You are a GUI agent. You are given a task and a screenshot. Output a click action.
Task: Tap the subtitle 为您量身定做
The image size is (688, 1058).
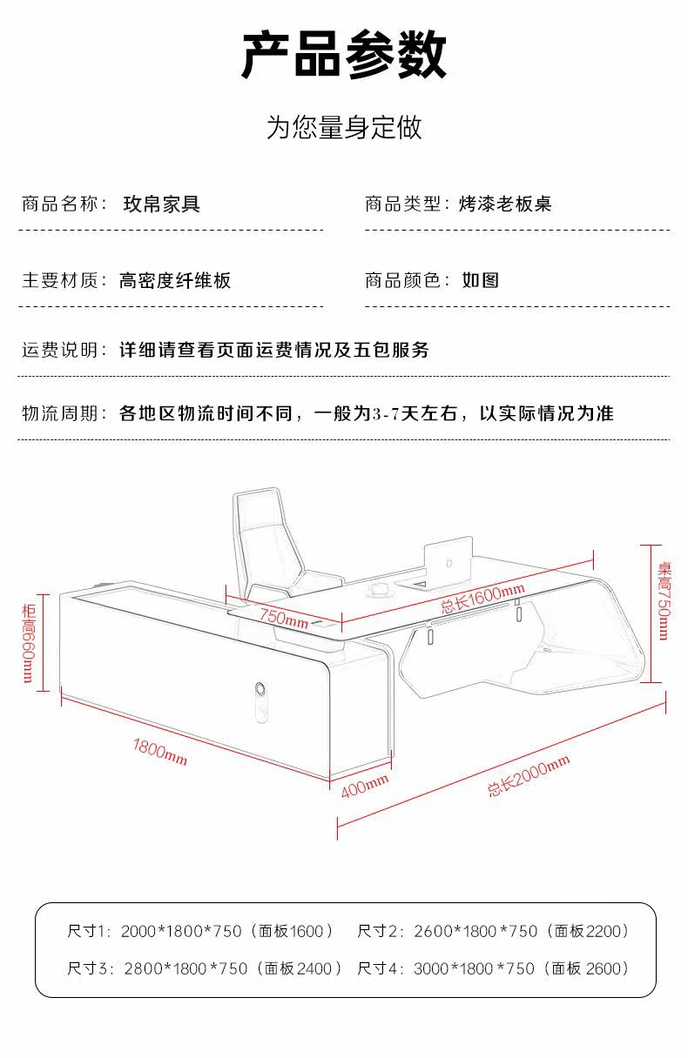tap(344, 128)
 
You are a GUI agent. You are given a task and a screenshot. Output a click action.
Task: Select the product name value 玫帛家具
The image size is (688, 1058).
tap(161, 204)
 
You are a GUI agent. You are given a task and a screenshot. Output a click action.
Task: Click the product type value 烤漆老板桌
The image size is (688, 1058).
tap(505, 204)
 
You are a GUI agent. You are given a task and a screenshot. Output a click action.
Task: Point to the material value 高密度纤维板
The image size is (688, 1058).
tap(175, 280)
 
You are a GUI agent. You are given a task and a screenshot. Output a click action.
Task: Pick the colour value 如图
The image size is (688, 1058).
tap(480, 280)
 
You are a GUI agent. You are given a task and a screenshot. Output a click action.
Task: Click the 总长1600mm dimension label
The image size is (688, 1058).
tap(481, 596)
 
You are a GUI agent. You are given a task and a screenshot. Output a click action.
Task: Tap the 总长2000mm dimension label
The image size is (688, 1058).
tap(529, 776)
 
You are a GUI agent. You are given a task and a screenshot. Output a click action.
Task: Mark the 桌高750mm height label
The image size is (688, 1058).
tap(664, 600)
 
